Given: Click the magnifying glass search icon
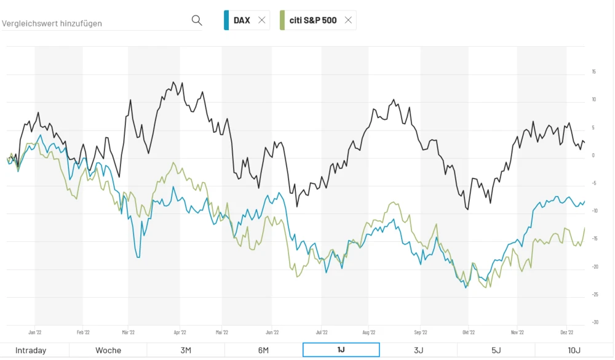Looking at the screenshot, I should [x=197, y=20].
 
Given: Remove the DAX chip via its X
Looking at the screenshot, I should [x=262, y=20].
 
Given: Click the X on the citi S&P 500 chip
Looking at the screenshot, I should [x=348, y=20].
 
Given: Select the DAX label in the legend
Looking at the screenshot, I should [x=242, y=20].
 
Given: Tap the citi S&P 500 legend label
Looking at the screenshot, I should [x=313, y=20].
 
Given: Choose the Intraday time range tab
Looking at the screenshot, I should [x=31, y=350].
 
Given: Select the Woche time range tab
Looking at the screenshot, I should [x=108, y=350].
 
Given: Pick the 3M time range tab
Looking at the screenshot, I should [x=186, y=350].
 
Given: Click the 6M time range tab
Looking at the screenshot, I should [x=263, y=350].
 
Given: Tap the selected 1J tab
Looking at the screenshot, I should [x=341, y=350].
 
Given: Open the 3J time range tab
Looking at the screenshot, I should [x=418, y=350].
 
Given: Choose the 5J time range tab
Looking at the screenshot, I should [x=496, y=350].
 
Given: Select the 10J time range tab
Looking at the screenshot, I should [x=574, y=350].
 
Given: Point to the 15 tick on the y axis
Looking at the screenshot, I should [x=593, y=71].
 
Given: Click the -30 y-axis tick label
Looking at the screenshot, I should [x=593, y=322].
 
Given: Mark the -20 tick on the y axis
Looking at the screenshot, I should [x=593, y=266].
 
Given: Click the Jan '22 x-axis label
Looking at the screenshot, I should [x=35, y=332].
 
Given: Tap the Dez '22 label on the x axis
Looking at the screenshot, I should [x=567, y=332].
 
